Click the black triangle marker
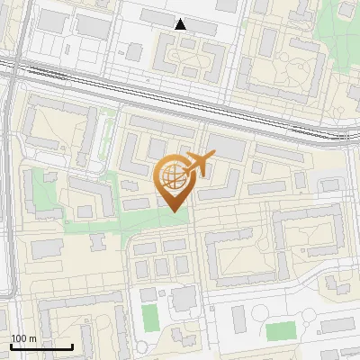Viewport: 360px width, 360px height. click(x=181, y=23)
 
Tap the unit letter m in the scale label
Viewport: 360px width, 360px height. click(x=32, y=338)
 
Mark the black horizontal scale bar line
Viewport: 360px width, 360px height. click(x=41, y=346)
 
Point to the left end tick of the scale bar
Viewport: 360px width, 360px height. click(x=11, y=345)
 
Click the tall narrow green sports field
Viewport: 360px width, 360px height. click(x=149, y=317)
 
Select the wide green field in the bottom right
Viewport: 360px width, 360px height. click(x=281, y=330)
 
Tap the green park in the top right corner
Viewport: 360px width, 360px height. click(x=346, y=11)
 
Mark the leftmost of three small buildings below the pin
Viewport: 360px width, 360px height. click(x=143, y=267)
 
